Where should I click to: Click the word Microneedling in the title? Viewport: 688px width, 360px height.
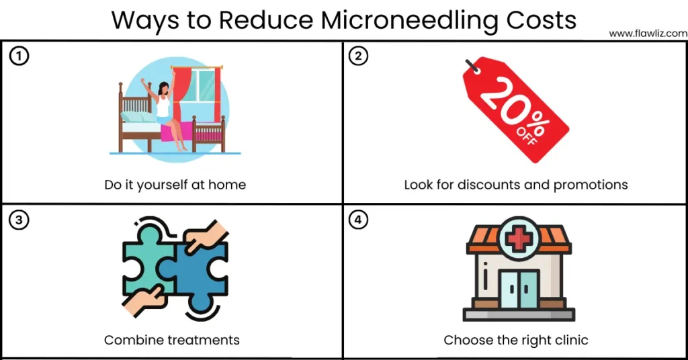tap(410, 20)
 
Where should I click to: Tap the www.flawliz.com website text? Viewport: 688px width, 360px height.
tap(648, 34)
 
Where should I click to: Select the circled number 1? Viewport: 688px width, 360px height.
tap(19, 56)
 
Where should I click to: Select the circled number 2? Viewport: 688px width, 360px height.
tap(359, 56)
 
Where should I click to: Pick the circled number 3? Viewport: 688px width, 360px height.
tap(19, 220)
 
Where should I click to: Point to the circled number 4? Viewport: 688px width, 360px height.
tap(359, 220)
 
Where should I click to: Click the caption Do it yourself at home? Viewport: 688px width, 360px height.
tap(175, 185)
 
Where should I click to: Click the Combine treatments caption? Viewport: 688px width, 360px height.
tap(172, 340)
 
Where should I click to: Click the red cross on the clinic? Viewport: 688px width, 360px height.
tap(519, 238)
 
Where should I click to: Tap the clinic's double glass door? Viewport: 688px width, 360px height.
tap(519, 289)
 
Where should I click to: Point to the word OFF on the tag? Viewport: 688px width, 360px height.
tap(527, 136)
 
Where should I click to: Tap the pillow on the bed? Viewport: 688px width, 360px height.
tap(137, 116)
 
